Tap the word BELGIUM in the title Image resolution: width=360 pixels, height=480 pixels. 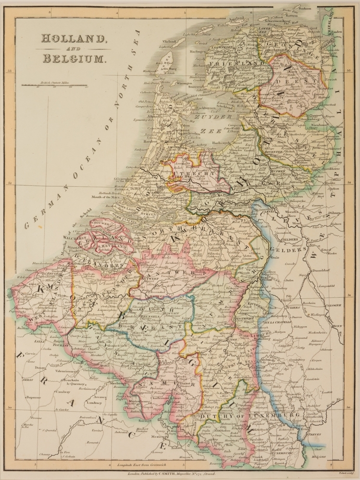(x=73, y=59)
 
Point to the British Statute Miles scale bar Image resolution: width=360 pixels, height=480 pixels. (x=54, y=87)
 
